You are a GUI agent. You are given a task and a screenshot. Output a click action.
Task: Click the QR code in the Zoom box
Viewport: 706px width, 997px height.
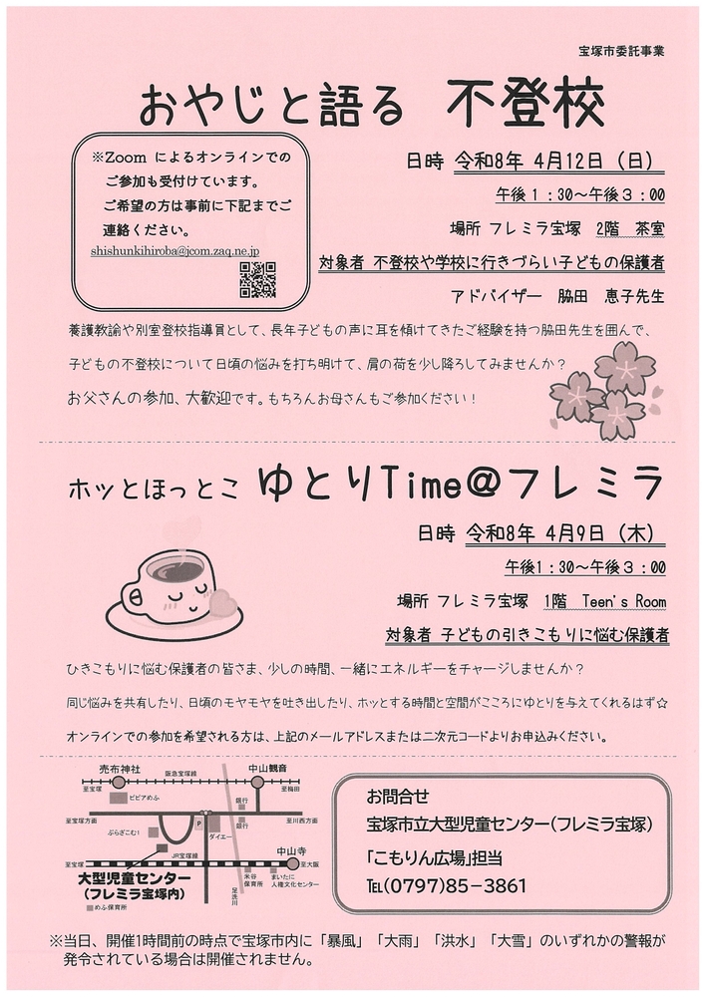[257, 282]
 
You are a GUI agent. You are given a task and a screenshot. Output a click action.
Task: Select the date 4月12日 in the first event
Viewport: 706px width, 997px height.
[547, 160]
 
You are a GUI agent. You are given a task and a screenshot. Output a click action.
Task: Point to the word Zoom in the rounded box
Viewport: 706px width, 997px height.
[128, 158]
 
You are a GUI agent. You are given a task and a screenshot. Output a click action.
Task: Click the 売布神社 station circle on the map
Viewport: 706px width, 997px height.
[120, 783]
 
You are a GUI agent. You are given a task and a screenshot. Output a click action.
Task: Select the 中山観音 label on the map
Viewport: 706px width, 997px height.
[258, 769]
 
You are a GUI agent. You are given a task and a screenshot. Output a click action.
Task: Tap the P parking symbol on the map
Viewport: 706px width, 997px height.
[198, 826]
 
